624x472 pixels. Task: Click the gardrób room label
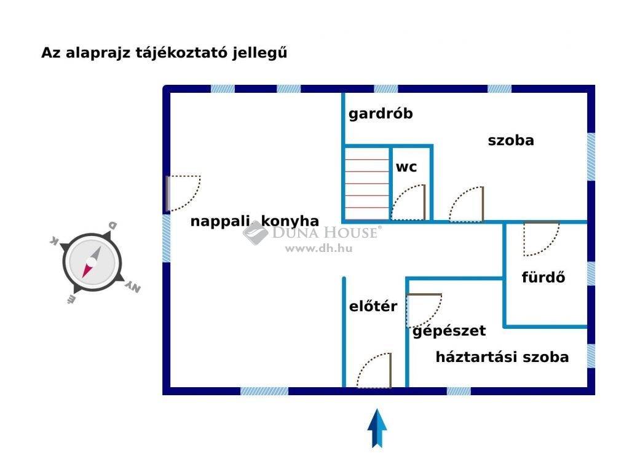pos(381,114)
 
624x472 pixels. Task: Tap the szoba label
pos(511,140)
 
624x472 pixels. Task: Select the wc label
pos(406,167)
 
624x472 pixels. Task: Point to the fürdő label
pos(543,277)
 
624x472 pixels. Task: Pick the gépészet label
pos(449,331)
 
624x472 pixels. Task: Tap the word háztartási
pos(476,357)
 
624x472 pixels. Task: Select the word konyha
pos(290,221)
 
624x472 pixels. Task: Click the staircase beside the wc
pos(366,184)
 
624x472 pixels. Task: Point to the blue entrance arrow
pos(377,428)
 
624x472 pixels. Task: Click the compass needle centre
pos(92,262)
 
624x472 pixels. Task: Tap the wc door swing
pos(408,202)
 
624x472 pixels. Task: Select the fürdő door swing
pos(541,238)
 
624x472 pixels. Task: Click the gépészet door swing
pos(424,310)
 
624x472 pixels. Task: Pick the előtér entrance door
pos(374,370)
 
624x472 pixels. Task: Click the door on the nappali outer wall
pos(183,193)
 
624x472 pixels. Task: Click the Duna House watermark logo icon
pos(255,233)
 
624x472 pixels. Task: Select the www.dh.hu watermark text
pos(319,248)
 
